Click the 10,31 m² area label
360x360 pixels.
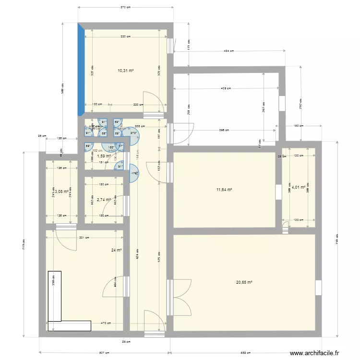125,70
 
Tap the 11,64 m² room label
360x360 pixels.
224,190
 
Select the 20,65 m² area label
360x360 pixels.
244,283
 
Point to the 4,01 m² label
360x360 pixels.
299,187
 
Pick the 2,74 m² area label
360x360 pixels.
104,200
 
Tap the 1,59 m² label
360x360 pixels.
104,156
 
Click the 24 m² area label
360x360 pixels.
116,250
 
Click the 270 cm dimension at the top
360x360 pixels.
126,8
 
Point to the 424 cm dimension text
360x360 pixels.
229,51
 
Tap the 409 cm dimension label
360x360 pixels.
226,88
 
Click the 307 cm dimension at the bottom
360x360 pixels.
104,353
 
